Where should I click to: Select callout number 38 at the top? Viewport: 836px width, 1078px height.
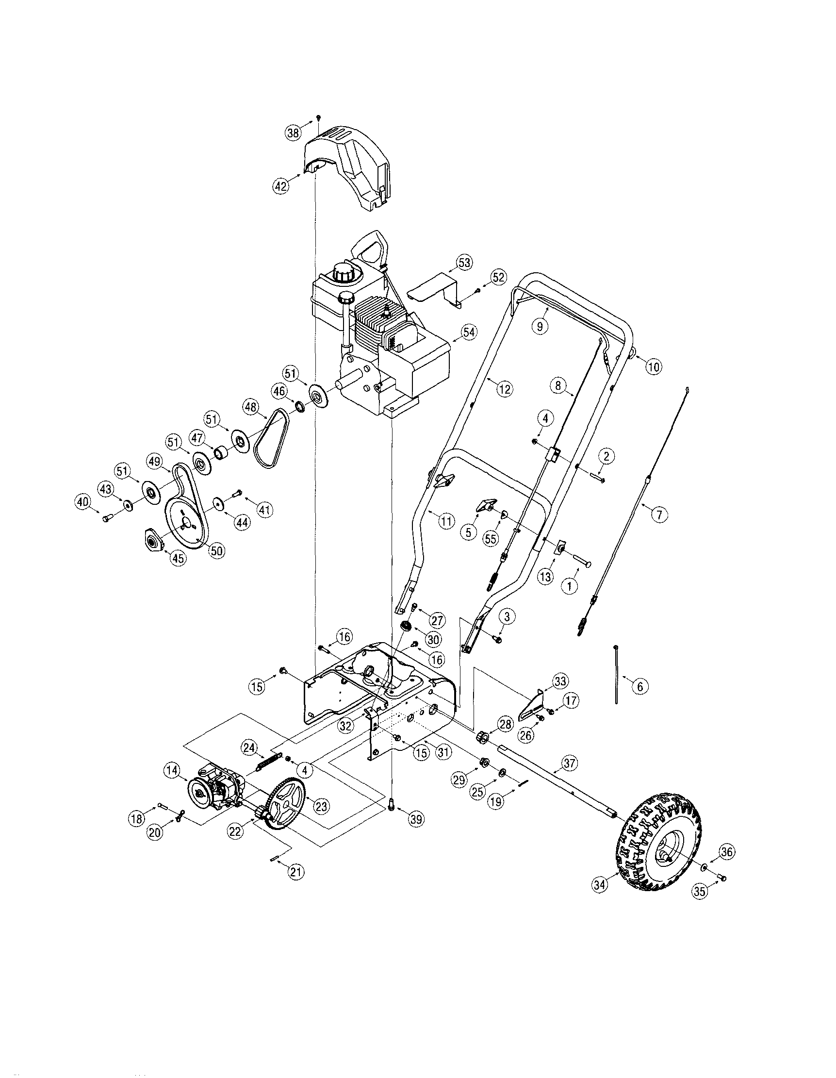(x=293, y=133)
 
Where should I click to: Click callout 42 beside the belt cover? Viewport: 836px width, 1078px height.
(x=280, y=186)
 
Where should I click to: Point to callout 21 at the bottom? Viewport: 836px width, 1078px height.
(x=296, y=872)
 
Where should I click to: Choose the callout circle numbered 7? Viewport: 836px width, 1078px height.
(x=659, y=514)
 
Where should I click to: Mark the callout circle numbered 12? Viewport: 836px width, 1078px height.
(x=504, y=389)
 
